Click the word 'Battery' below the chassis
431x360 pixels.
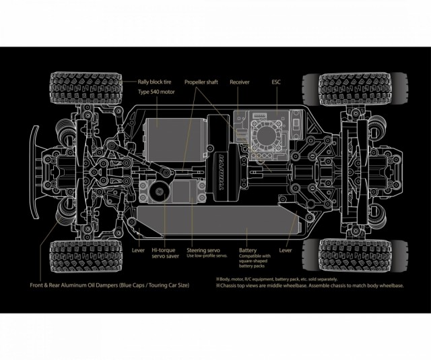coord(248,249)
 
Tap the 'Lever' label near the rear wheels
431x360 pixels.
coord(286,249)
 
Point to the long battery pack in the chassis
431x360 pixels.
coord(215,220)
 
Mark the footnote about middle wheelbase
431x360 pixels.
coord(309,286)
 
